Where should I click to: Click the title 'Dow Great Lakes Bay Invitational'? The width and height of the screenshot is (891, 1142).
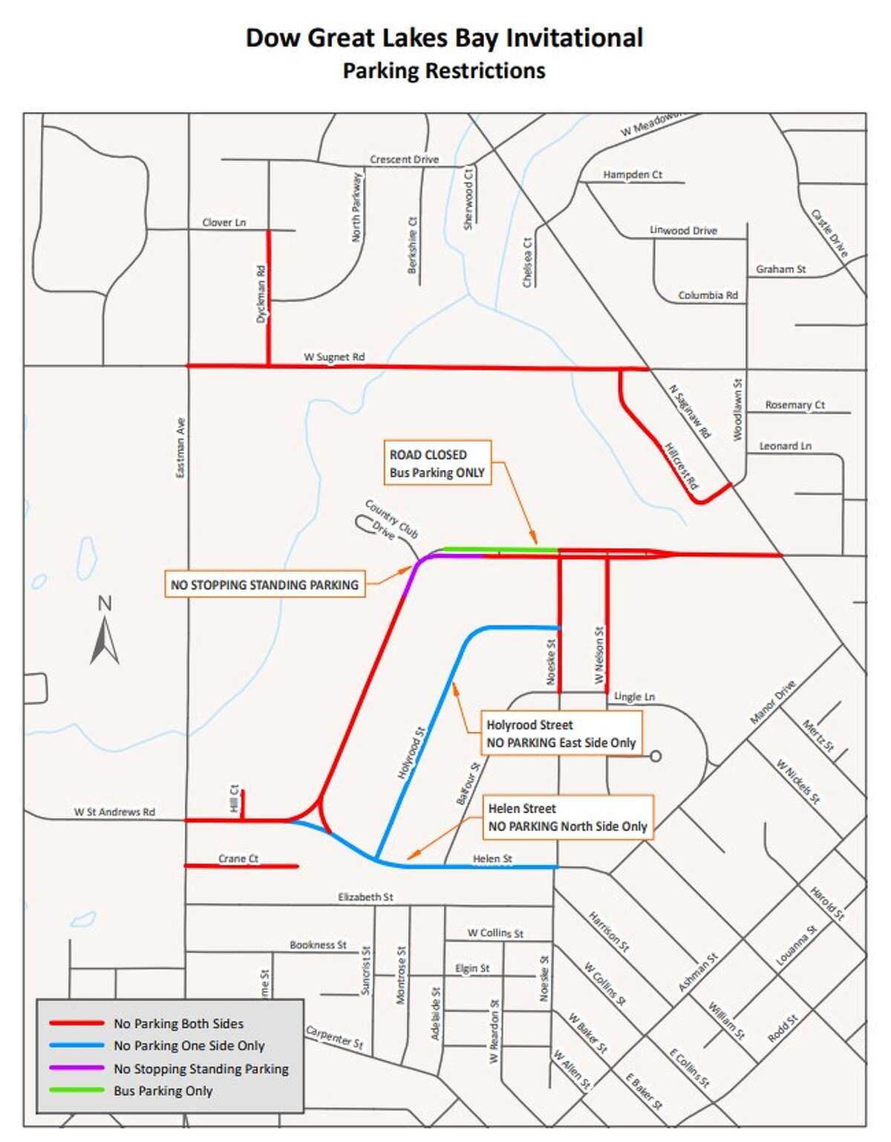444,38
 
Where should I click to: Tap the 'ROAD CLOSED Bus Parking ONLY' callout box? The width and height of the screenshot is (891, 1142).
437,463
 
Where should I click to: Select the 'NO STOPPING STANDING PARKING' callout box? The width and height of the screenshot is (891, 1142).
264,584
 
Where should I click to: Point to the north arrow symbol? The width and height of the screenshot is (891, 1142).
105,631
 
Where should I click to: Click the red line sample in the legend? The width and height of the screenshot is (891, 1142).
76,1023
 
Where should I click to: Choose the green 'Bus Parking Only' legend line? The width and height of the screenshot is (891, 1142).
76,1090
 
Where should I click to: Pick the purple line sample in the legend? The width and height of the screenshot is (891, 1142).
76,1068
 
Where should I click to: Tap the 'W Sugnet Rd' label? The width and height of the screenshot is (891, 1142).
334,356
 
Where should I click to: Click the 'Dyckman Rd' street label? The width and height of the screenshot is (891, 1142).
261,294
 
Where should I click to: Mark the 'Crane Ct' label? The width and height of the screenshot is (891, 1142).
238,858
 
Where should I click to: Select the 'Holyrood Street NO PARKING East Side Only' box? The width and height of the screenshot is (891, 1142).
561,734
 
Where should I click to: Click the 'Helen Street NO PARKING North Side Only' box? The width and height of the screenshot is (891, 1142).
567,818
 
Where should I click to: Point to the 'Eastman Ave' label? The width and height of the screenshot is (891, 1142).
180,448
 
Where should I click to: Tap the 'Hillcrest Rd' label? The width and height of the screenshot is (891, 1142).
681,466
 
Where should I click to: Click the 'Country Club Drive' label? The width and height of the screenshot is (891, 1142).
390,520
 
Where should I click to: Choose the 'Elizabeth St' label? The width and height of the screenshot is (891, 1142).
365,897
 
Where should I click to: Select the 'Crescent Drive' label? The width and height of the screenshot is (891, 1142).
404,159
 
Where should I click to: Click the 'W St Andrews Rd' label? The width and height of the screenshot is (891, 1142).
114,812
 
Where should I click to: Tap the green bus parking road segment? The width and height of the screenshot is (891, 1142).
500,549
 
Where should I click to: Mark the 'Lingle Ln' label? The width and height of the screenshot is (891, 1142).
634,696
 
